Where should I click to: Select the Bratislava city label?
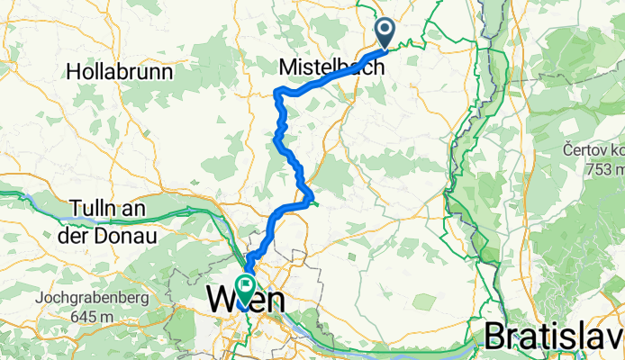point(554,335)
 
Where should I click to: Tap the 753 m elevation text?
point(604,168)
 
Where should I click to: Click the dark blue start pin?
point(385,33)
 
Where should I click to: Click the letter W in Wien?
point(222,298)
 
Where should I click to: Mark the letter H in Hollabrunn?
point(73,69)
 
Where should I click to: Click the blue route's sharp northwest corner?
point(276,91)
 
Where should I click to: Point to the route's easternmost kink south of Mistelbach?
point(312,195)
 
